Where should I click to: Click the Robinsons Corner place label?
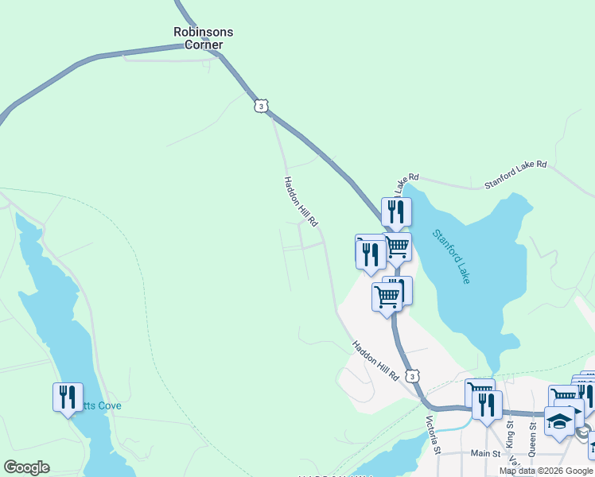point(204,38)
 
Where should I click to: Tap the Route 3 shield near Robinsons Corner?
point(262,106)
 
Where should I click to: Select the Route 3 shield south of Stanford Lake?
point(410,374)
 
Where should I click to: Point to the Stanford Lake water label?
point(452,256)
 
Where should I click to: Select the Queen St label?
point(533,434)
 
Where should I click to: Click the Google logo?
point(26,467)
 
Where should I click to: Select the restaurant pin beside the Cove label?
point(68,396)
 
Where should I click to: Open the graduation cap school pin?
point(559,421)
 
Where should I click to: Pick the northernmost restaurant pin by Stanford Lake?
point(395,211)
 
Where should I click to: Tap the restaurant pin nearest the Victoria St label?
point(487,405)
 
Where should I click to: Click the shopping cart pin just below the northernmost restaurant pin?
point(397,246)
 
